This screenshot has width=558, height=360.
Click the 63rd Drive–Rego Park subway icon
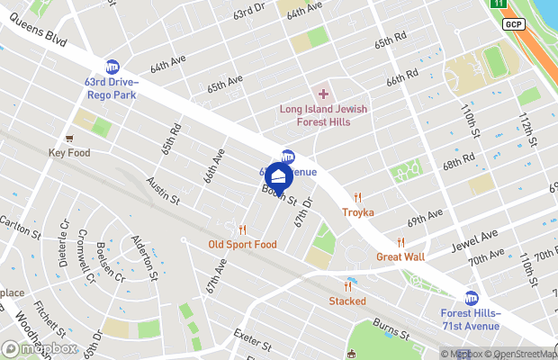(112, 66)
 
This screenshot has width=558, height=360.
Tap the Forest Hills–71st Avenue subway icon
(471, 298)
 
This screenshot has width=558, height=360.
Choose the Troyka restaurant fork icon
(357, 197)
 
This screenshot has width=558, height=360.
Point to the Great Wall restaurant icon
(400, 242)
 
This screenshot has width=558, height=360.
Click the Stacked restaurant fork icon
(346, 285)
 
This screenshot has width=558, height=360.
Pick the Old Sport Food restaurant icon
(242, 229)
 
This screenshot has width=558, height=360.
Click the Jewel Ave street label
(476, 238)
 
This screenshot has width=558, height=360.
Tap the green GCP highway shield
(514, 23)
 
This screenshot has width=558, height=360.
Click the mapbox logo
(40, 348)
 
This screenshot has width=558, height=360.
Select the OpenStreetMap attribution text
(518, 354)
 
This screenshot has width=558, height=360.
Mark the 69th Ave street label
(426, 218)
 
